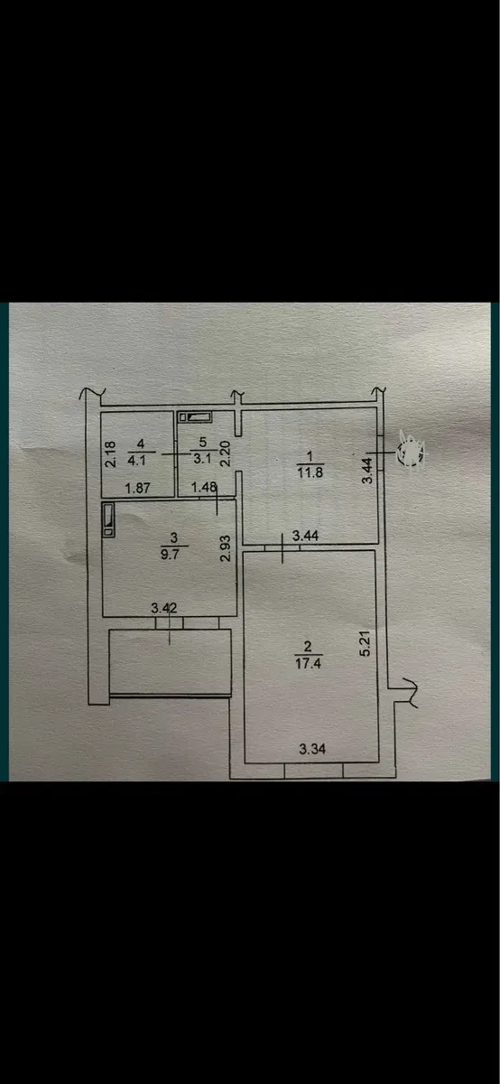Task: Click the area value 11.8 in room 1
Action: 310,472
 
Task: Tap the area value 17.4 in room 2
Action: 308,662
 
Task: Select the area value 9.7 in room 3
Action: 170,554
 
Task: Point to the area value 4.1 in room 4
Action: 136,460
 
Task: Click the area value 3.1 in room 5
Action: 202,458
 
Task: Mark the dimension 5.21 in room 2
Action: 366,642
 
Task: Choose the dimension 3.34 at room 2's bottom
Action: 312,749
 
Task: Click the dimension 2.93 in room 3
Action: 225,547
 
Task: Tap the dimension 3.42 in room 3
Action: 164,608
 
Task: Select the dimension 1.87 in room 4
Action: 137,488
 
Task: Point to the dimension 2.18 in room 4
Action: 111,453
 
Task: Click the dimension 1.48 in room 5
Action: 204,487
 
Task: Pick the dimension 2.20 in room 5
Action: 225,453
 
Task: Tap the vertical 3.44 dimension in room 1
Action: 368,471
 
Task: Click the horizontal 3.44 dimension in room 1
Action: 306,536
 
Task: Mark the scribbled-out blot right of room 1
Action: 410,453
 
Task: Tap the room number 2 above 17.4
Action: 308,647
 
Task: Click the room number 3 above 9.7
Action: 174,537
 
